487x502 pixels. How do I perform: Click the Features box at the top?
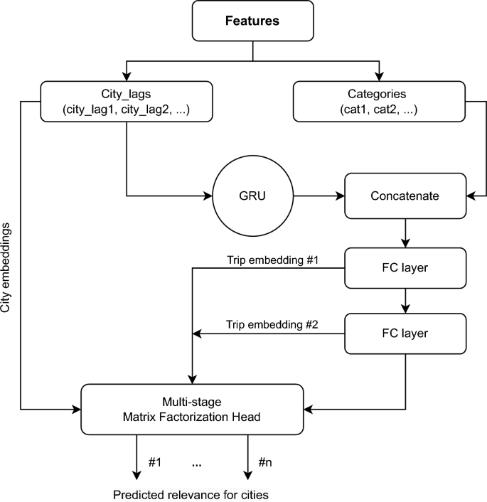click(x=252, y=21)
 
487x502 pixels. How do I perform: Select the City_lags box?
click(x=126, y=102)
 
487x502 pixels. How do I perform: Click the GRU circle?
click(x=252, y=195)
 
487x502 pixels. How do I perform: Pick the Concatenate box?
click(x=405, y=195)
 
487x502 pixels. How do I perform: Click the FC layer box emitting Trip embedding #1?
click(x=405, y=267)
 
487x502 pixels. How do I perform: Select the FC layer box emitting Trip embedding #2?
click(x=405, y=333)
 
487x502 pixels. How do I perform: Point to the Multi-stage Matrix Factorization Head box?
click(x=191, y=410)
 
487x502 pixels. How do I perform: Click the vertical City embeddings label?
click(x=7, y=267)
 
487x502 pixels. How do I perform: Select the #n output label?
click(x=266, y=463)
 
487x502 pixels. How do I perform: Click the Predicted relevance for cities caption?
click(x=191, y=494)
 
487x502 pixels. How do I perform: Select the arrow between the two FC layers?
click(x=405, y=300)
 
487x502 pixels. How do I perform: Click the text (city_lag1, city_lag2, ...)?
click(x=126, y=110)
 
